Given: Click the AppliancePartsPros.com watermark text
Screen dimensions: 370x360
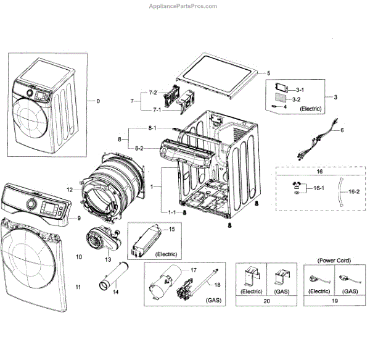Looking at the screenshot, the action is [183, 6].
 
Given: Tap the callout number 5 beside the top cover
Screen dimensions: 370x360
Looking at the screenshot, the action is [268, 73].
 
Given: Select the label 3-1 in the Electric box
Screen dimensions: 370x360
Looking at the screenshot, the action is [300, 90].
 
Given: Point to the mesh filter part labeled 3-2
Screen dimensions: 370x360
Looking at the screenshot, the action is [281, 97].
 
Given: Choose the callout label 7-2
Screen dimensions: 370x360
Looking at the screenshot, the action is [153, 93].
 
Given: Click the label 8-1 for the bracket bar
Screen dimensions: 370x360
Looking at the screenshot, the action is [152, 128].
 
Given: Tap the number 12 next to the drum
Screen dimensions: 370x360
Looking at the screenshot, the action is [70, 190].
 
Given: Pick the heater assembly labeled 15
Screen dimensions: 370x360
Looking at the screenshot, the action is [146, 241].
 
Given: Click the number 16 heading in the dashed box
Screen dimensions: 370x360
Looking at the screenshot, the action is [319, 172].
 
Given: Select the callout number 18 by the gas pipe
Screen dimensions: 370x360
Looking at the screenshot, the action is [217, 285].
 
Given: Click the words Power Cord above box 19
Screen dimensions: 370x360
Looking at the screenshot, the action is [334, 261].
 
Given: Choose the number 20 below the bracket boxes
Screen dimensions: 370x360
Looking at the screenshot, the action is [266, 301].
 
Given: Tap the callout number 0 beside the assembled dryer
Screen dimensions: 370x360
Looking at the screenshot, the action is [98, 101].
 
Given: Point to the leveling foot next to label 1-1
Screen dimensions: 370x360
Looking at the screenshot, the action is [185, 213].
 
